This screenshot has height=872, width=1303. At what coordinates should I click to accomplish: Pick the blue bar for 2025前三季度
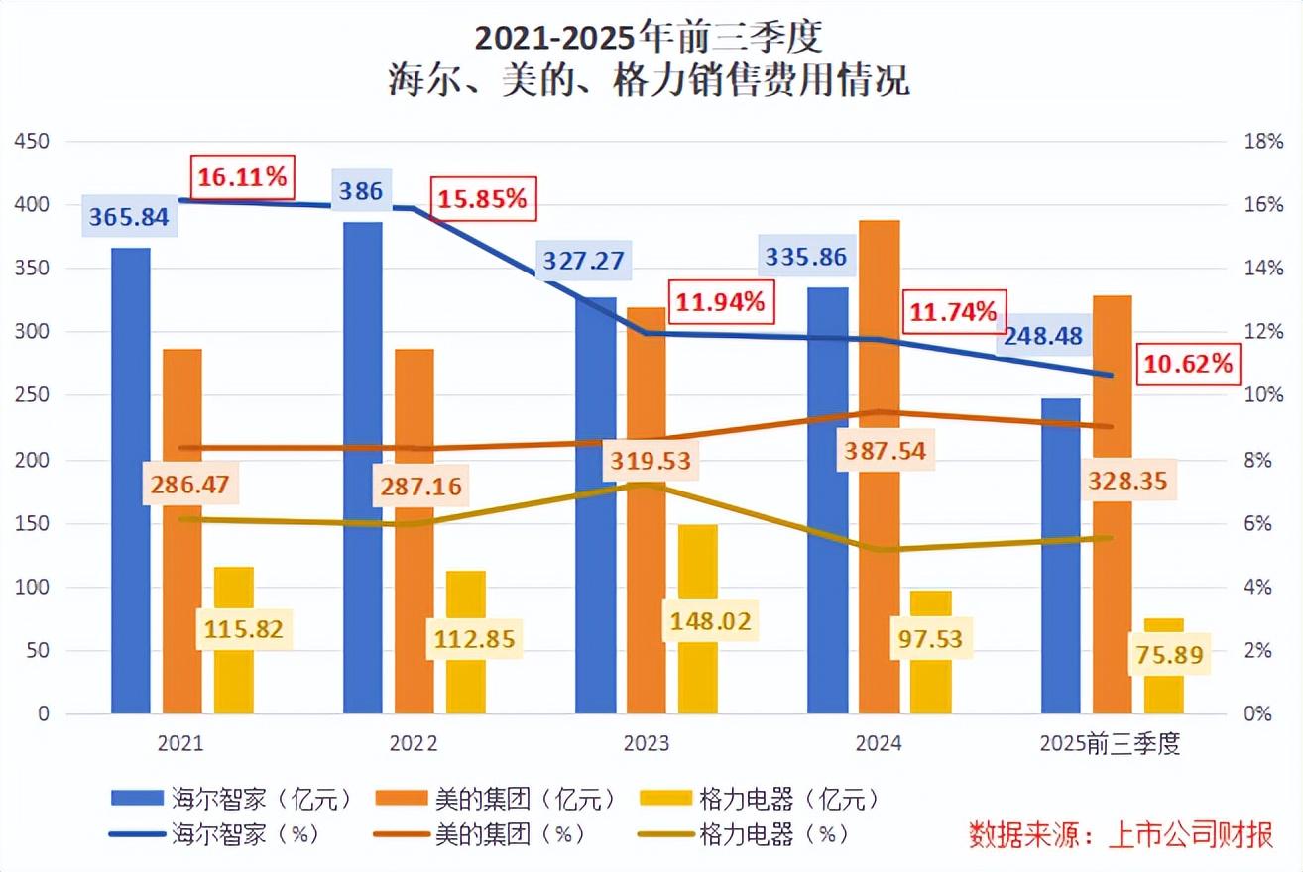(x=1060, y=595)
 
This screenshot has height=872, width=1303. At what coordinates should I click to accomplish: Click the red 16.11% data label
(x=242, y=178)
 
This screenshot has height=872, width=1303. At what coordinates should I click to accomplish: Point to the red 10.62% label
(x=1188, y=364)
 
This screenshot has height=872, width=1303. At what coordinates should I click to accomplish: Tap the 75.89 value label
(x=1170, y=655)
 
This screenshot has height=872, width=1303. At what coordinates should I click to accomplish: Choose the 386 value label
(x=360, y=191)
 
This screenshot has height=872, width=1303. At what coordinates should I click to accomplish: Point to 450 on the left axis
(x=33, y=142)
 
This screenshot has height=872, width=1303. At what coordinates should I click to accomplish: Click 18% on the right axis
(x=1263, y=142)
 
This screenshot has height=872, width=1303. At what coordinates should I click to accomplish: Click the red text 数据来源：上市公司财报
(x=1122, y=834)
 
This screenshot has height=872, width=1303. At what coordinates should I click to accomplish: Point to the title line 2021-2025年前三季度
(x=649, y=39)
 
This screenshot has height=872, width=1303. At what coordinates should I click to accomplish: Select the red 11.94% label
(x=720, y=302)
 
